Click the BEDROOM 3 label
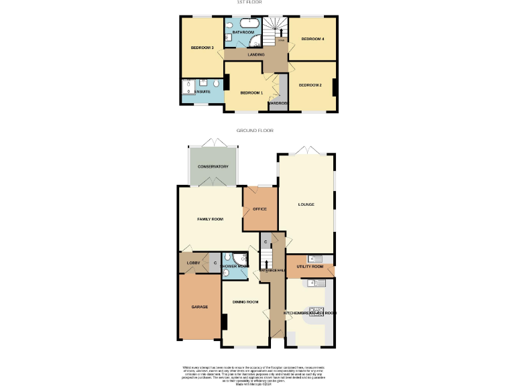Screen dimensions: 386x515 click(201, 48)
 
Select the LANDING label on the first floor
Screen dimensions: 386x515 click(256, 55)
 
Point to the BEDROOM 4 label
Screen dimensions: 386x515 click(312, 39)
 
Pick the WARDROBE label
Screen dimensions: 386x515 click(278, 103)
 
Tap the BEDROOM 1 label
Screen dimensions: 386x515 click(251, 92)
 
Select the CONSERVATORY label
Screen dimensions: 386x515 click(213, 166)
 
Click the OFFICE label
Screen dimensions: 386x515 click(260, 209)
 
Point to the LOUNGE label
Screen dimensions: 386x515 click(306, 204)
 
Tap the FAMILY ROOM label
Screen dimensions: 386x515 click(209, 219)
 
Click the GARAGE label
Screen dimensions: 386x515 click(199, 307)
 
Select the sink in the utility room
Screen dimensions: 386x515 click(312, 259)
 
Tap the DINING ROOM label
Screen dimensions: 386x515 click(245, 302)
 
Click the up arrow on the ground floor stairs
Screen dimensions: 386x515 click(267, 263)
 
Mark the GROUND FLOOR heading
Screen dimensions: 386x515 click(255, 131)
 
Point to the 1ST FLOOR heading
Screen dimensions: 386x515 click(243, 3)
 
